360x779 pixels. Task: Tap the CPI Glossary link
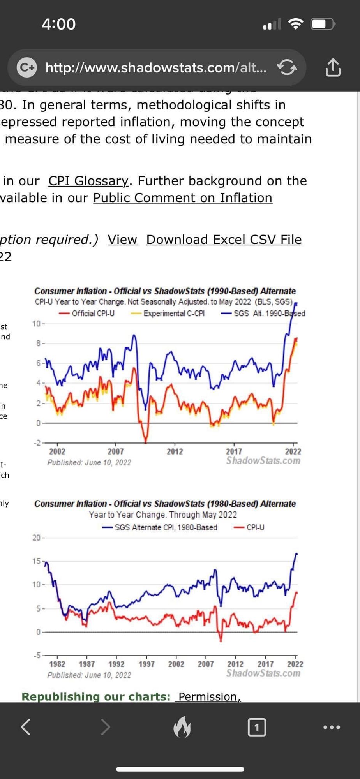pyautogui.click(x=88, y=181)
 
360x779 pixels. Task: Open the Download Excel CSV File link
pyautogui.click(x=224, y=240)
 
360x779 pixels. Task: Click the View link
pyautogui.click(x=122, y=240)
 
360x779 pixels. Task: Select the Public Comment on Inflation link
pyautogui.click(x=182, y=198)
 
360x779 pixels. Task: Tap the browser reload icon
pyautogui.click(x=287, y=68)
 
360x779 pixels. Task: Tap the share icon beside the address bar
pyautogui.click(x=333, y=68)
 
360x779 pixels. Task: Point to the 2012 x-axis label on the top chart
pyautogui.click(x=175, y=451)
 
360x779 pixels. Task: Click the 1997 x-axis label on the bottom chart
pyautogui.click(x=146, y=664)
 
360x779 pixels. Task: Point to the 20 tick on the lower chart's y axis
pyautogui.click(x=36, y=538)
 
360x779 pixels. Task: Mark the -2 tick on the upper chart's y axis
pyautogui.click(x=37, y=443)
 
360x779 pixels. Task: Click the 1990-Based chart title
pyautogui.click(x=165, y=291)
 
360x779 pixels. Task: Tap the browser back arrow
pyautogui.click(x=26, y=727)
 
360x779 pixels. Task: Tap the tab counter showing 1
pyautogui.click(x=257, y=727)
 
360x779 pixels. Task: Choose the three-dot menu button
pyautogui.click(x=332, y=727)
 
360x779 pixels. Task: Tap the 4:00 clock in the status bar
pyautogui.click(x=59, y=24)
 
